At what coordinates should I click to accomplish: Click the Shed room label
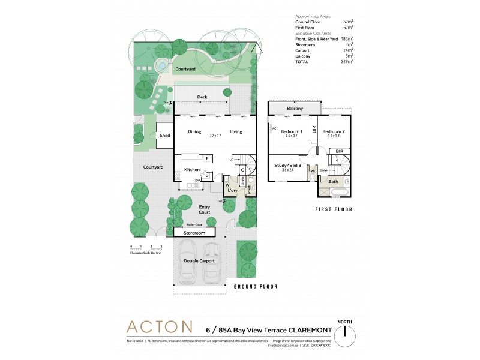tap(164, 136)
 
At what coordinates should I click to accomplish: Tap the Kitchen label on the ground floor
tap(192, 170)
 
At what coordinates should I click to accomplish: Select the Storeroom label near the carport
tap(194, 232)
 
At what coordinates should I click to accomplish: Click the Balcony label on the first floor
tap(295, 109)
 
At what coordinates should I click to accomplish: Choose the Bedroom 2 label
tap(334, 131)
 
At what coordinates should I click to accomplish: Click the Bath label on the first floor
tap(333, 181)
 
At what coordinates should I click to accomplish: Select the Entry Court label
tap(205, 209)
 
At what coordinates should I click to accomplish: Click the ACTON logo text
tap(159, 327)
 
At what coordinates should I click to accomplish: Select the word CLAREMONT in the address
tap(301, 329)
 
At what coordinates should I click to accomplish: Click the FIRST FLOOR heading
tap(334, 210)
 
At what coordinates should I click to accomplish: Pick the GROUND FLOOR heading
tap(256, 287)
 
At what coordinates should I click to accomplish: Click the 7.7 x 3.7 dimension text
tap(215, 136)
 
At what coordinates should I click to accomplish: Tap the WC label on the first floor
tap(313, 170)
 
